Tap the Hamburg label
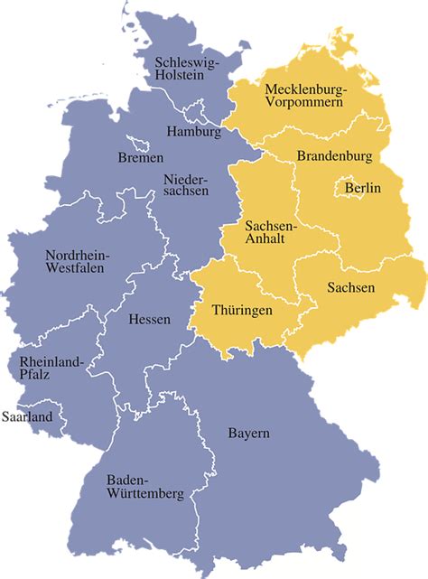point(193,132)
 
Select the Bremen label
point(141,158)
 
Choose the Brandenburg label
point(334,156)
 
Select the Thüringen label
point(241,309)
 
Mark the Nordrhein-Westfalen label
point(77,261)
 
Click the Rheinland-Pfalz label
point(44,369)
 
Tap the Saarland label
point(27,416)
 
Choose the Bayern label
point(248,434)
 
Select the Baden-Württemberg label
point(145,487)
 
